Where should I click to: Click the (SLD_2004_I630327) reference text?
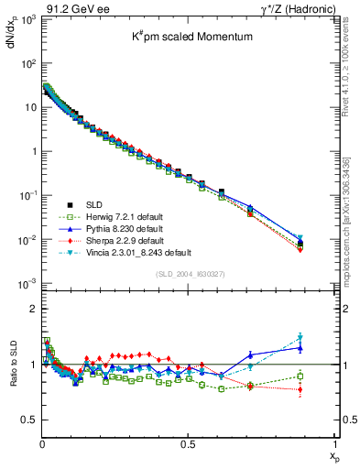[x=188, y=274]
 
